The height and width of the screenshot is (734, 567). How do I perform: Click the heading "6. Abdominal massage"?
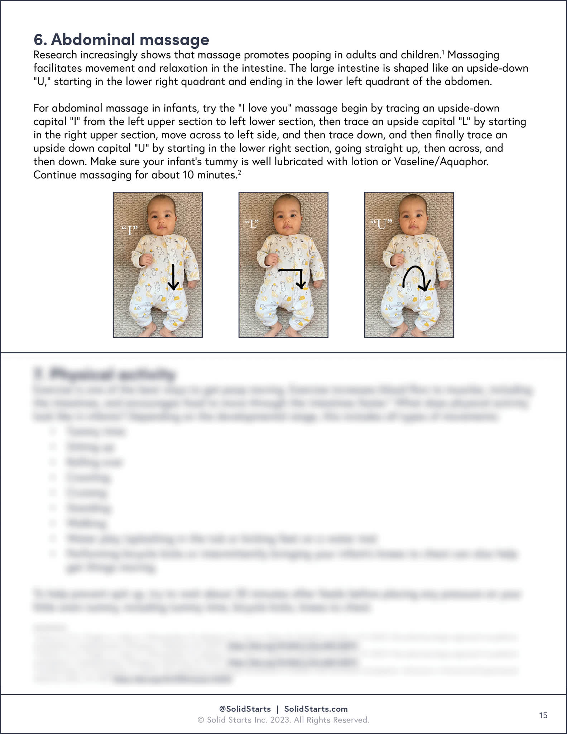[x=121, y=40]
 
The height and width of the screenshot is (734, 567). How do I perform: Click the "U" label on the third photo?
[x=382, y=225]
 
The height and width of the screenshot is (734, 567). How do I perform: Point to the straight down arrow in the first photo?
[x=173, y=277]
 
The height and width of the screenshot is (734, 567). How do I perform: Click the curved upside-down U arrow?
[x=415, y=278]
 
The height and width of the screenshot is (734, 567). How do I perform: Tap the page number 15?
[x=543, y=715]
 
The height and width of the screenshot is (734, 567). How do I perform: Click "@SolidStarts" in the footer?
[x=245, y=709]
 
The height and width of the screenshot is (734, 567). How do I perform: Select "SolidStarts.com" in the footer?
[x=316, y=709]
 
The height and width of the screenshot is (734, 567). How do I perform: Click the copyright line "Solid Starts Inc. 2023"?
[x=283, y=720]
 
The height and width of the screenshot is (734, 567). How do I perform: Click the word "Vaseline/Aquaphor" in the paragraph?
[x=441, y=162]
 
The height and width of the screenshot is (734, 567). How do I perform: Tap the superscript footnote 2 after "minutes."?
[x=239, y=172]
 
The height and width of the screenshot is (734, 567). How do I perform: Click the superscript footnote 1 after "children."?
[x=443, y=52]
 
